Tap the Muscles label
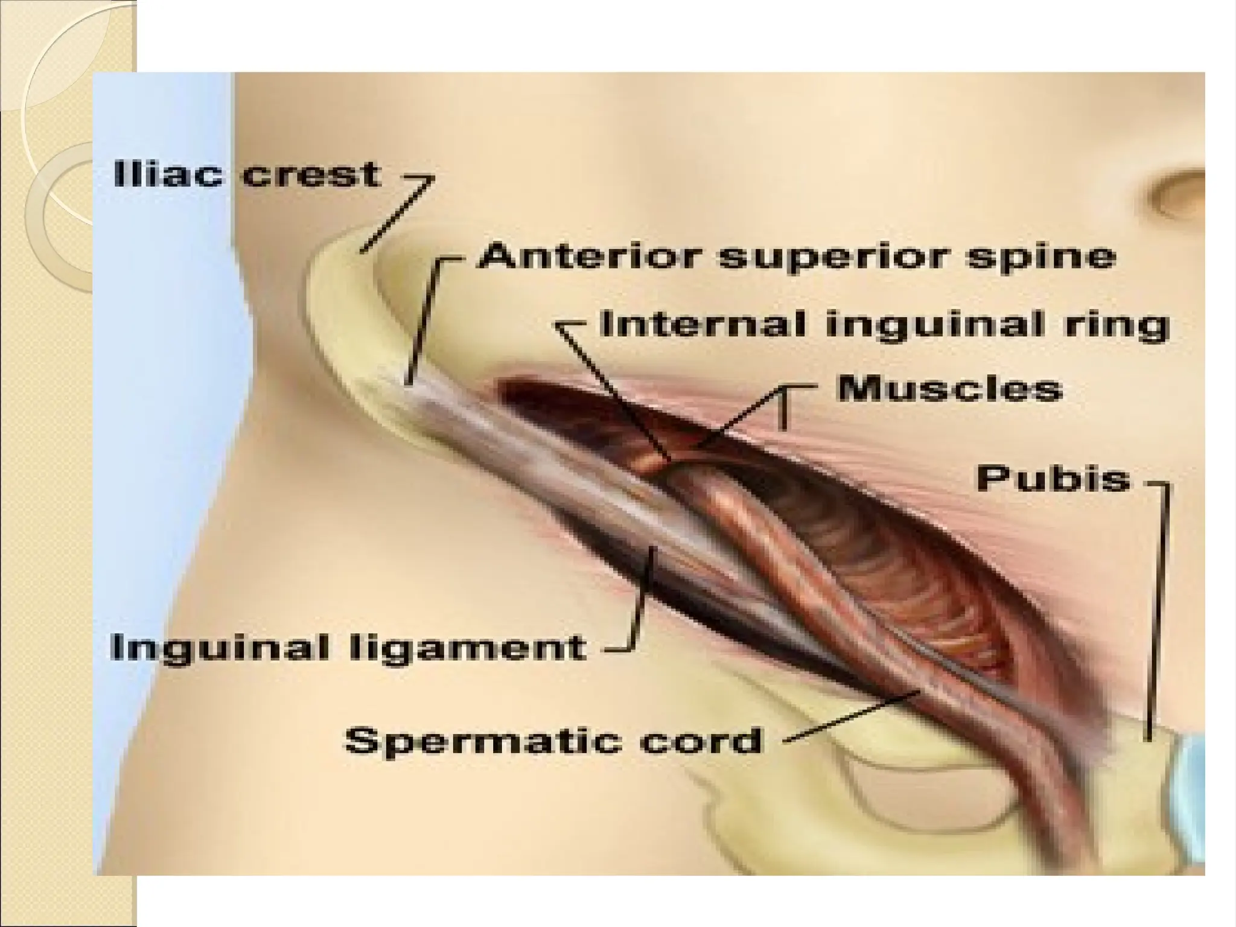coord(949,389)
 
